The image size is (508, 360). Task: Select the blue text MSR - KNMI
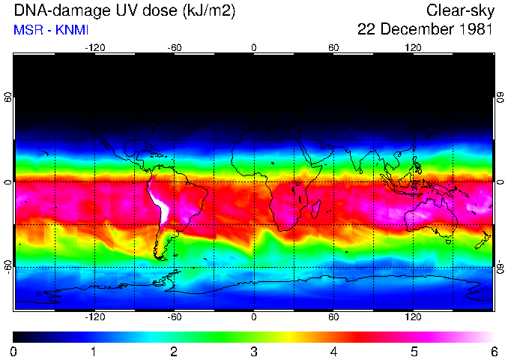tap(46, 30)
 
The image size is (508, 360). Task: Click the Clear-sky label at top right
tap(459, 10)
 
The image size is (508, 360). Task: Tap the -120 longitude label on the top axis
tap(94, 47)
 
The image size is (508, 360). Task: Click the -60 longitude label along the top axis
tap(174, 47)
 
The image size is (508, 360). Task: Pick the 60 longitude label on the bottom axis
tap(333, 317)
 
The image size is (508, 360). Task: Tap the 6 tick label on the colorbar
tap(493, 352)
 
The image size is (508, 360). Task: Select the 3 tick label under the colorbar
tap(253, 352)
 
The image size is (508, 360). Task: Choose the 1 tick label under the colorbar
tap(93, 352)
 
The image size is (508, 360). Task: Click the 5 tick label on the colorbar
tap(414, 352)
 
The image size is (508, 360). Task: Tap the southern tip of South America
tap(160, 256)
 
